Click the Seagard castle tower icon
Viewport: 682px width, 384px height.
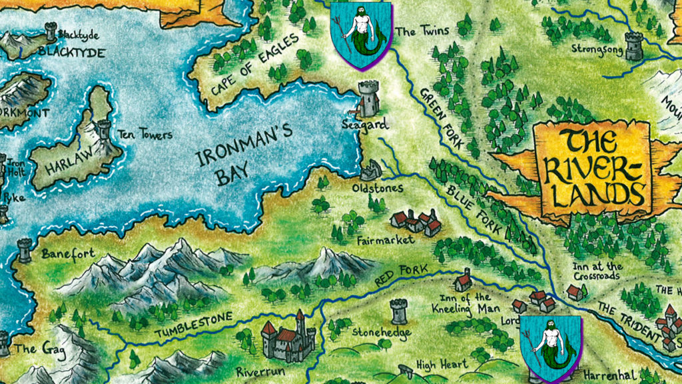[368, 99]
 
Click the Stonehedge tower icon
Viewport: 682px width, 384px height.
[398, 311]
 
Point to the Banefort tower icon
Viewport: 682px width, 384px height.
[25, 249]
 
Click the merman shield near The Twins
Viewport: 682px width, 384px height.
[362, 35]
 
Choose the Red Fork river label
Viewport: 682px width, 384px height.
[404, 275]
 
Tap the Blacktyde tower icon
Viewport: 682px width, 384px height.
[50, 31]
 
